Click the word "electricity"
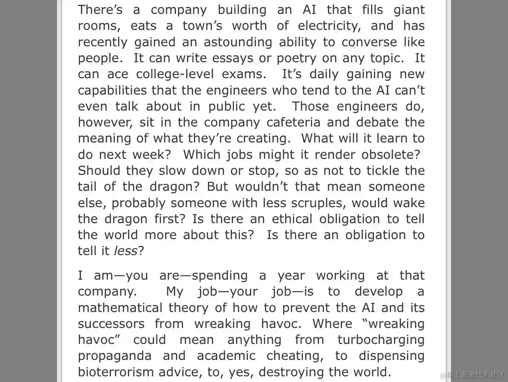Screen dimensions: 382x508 pos(331,26)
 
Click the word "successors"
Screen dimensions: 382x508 pos(111,323)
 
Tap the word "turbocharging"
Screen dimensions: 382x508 pos(381,339)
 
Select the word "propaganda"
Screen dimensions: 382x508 pos(115,356)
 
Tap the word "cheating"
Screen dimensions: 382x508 pos(294,356)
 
